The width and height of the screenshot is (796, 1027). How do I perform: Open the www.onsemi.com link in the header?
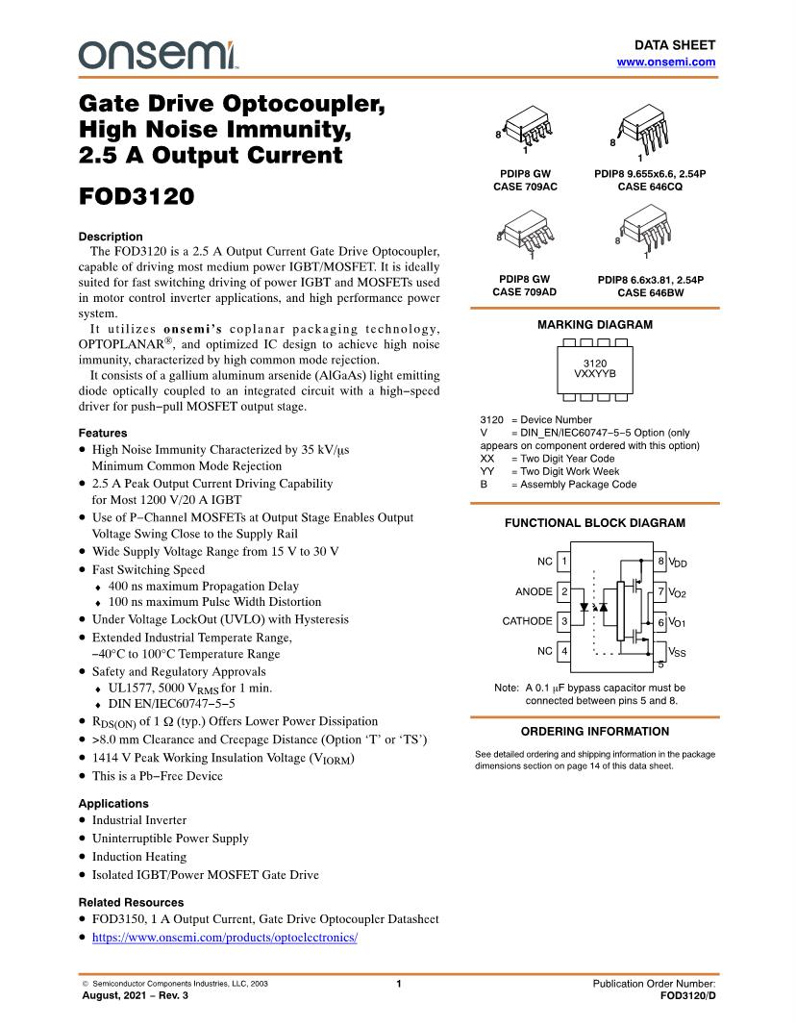pyautogui.click(x=665, y=62)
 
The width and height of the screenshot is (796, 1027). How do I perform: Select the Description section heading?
pyautogui.click(x=110, y=237)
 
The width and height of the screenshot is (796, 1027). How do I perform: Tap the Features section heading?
pyautogui.click(x=103, y=433)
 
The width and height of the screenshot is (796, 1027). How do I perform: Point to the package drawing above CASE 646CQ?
pyautogui.click(x=645, y=131)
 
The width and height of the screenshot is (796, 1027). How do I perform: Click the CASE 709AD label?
pyautogui.click(x=524, y=291)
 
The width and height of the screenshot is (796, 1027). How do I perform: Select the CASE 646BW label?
pyautogui.click(x=650, y=292)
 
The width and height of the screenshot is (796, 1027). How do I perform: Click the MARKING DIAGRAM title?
pyautogui.click(x=593, y=325)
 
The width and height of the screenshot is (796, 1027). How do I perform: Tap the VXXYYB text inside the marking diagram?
pyautogui.click(x=594, y=373)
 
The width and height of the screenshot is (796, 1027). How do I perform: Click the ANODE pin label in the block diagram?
pyautogui.click(x=534, y=591)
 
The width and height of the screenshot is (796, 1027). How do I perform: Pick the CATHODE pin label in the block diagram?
pyautogui.click(x=527, y=621)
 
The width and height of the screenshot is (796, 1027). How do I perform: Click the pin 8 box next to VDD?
pyautogui.click(x=660, y=561)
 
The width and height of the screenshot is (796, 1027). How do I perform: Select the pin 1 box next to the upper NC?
pyautogui.click(x=564, y=561)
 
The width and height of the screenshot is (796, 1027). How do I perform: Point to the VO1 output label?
pyautogui.click(x=678, y=622)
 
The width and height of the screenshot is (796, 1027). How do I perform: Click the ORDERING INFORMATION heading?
pyautogui.click(x=593, y=732)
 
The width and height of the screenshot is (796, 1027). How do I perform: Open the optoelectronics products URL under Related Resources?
pyautogui.click(x=224, y=938)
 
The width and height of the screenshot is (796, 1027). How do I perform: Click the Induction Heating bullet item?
pyautogui.click(x=139, y=857)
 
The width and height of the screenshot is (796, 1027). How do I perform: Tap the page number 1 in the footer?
pyautogui.click(x=398, y=984)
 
